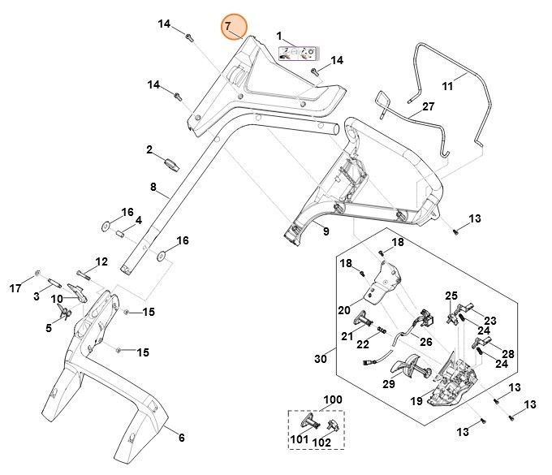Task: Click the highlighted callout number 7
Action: (228, 27)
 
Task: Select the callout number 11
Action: (447, 85)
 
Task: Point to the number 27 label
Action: (429, 106)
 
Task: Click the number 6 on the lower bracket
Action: (181, 438)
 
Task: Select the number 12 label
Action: (101, 261)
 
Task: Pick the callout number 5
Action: (48, 327)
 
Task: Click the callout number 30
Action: (321, 359)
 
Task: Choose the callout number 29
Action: (389, 383)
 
